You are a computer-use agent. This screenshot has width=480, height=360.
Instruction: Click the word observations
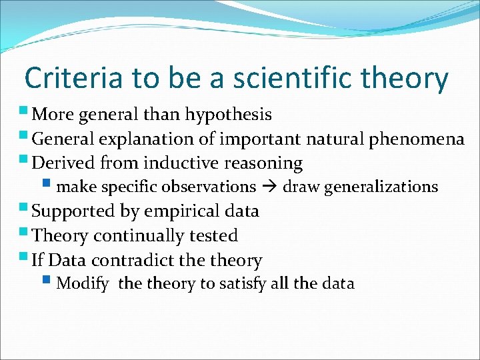209,187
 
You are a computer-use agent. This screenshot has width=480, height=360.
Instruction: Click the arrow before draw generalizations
269,187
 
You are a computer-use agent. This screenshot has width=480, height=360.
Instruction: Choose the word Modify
83,283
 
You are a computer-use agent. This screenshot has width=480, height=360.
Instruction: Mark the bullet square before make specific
50,184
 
